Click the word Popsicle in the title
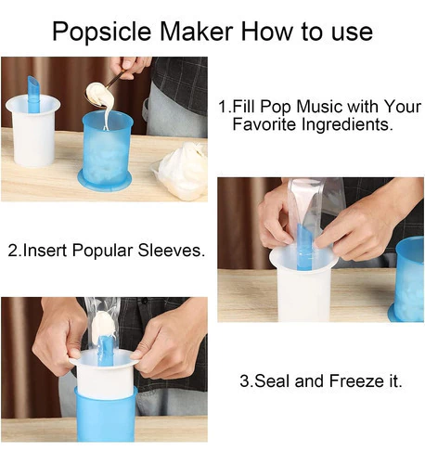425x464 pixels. coord(101,32)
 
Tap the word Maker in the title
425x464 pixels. coord(197,31)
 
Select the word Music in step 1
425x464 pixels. coord(319,107)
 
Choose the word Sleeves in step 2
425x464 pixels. coord(171,250)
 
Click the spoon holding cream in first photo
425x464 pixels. coord(102,90)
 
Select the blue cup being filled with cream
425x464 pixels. coord(107,150)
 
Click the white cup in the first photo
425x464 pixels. coord(33,131)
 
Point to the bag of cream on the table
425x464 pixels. coord(182,171)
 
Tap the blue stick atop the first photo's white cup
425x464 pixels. coord(32,94)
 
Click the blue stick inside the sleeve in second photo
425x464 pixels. coord(305,247)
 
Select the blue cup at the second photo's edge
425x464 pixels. coord(407,279)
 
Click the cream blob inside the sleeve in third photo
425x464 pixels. coord(104,326)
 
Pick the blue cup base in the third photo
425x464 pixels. coord(106,414)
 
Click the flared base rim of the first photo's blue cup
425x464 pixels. coord(105,183)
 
